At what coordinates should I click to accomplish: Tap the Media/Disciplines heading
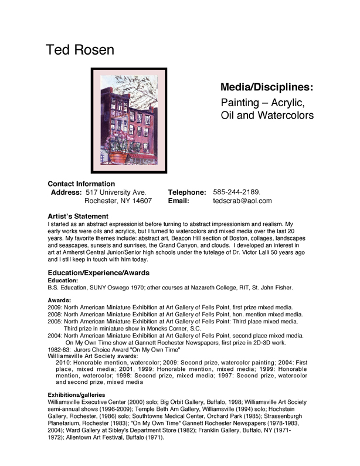[266, 87]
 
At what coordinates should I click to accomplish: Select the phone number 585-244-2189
[236, 192]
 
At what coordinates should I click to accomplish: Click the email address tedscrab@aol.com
[242, 201]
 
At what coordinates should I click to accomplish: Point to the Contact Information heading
[81, 183]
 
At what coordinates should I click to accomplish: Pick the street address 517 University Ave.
[116, 192]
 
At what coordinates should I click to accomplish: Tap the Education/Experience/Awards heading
[98, 272]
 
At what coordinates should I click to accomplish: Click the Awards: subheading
[59, 300]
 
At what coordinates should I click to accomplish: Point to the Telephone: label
[187, 192]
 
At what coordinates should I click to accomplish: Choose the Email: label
[178, 201]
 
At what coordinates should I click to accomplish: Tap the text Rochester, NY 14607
[118, 201]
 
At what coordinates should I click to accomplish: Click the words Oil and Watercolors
[267, 115]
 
